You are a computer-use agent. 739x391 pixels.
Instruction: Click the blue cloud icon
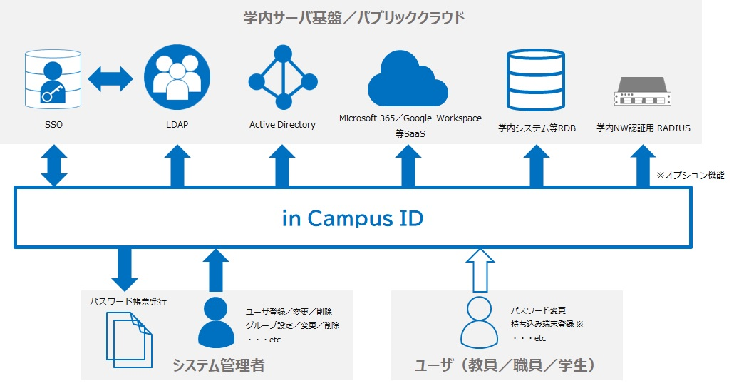408,80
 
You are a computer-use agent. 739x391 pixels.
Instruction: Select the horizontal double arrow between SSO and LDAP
111,78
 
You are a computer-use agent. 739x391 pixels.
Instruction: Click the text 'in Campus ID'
352,218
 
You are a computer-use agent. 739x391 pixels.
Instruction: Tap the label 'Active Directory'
282,125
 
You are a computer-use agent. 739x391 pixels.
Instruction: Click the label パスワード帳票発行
128,301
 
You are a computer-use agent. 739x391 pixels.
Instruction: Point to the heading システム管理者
218,366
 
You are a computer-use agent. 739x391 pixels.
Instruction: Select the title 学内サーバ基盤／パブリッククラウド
353,17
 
